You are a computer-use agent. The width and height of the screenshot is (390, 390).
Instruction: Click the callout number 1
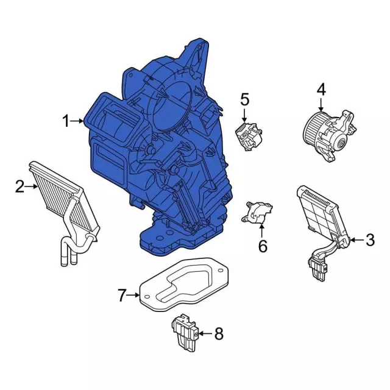[x=66, y=122]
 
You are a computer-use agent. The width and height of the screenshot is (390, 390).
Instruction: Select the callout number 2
[x=19, y=186]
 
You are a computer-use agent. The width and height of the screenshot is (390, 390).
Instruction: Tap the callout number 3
[x=370, y=241]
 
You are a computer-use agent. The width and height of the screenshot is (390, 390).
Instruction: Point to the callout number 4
[x=321, y=90]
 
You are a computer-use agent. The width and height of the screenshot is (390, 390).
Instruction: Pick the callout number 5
[x=244, y=99]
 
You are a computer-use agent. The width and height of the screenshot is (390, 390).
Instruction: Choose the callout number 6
[x=262, y=246]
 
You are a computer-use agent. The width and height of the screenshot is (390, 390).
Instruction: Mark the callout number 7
[x=121, y=296]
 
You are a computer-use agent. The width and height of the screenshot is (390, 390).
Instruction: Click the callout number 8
[x=219, y=333]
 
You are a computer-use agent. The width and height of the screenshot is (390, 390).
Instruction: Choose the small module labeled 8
[x=185, y=333]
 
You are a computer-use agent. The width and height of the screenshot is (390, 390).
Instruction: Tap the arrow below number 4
[x=321, y=104]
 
